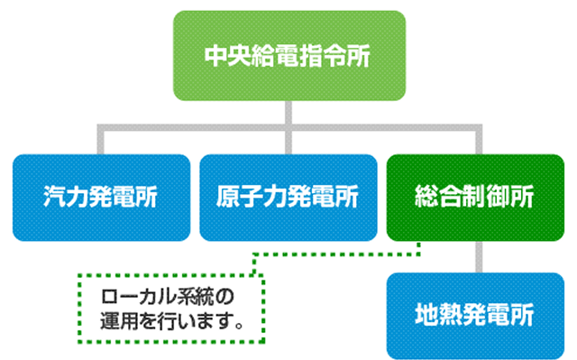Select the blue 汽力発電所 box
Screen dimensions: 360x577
[101, 197]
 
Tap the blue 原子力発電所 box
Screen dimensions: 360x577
[288, 197]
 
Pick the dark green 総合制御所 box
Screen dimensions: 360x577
[475, 197]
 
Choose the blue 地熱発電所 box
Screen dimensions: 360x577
[475, 316]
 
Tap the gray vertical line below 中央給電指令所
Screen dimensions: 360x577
[288, 113]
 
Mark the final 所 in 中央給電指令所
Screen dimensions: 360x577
[360, 55]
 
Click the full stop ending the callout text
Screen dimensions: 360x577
[238, 324]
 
